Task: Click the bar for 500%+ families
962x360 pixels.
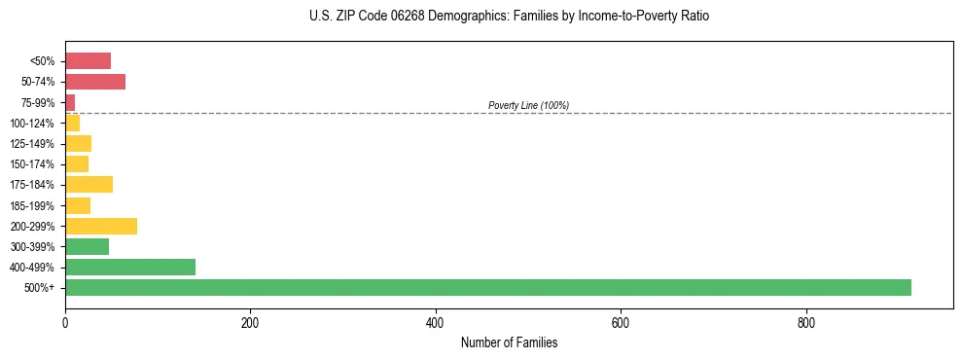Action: [487, 287]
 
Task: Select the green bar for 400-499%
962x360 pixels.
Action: [130, 267]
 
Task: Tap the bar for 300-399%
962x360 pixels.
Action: [87, 246]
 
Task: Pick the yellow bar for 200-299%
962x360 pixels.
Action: [101, 226]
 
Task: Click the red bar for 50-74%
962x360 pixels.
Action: [95, 81]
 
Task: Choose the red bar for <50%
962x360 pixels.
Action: [88, 60]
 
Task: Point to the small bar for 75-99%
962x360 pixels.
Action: [70, 102]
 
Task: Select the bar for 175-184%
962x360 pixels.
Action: [89, 184]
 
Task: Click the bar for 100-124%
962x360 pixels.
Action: [72, 123]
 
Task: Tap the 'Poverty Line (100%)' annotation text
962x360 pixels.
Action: [528, 105]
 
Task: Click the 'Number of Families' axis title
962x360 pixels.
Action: [509, 342]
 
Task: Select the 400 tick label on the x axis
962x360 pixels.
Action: [435, 323]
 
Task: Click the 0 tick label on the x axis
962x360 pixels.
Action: [65, 323]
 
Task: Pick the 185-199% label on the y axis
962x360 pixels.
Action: [33, 205]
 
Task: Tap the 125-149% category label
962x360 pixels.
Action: [33, 143]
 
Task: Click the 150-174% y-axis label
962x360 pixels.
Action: [33, 163]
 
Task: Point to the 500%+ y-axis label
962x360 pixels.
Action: [41, 288]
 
